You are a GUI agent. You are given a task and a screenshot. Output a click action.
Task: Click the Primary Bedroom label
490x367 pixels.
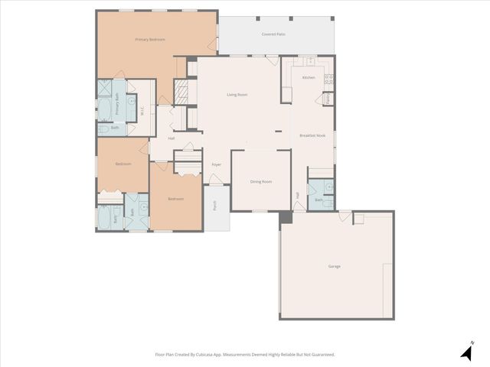point(150,39)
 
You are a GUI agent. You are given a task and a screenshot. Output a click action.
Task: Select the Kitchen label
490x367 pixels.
point(309,78)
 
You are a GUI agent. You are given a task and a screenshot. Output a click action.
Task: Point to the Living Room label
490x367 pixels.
point(237,95)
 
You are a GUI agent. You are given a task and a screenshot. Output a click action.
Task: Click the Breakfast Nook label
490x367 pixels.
point(312,135)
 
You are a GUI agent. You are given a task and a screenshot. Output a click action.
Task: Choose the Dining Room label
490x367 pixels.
point(261,181)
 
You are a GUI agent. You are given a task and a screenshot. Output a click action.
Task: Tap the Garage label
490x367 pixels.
point(335,266)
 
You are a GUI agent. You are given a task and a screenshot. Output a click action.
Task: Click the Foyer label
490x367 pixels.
point(217,164)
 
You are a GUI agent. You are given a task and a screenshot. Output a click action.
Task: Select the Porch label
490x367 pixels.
point(215,206)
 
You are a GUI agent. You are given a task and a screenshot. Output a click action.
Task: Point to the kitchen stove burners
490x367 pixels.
point(329,78)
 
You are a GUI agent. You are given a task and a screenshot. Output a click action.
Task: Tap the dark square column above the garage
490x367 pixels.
point(286,217)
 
